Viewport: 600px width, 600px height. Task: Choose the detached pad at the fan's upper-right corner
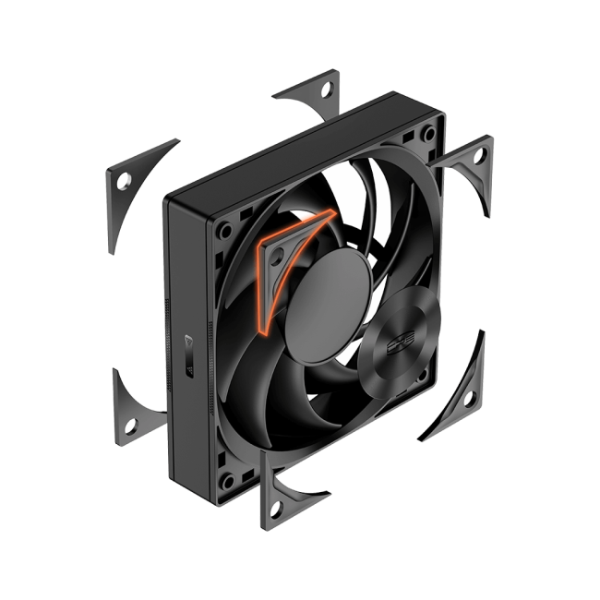coord(471,162)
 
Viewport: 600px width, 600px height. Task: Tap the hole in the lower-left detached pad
coord(130,425)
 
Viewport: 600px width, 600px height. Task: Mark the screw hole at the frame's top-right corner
coord(427,135)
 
